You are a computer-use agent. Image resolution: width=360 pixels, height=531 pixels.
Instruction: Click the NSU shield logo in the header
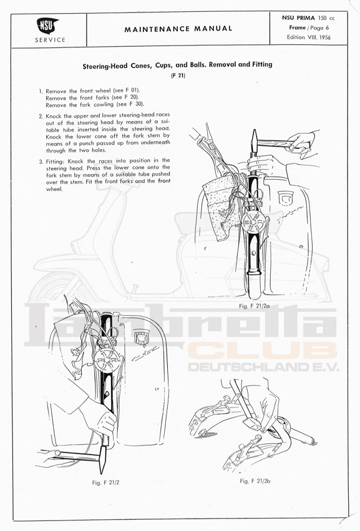coord(47,26)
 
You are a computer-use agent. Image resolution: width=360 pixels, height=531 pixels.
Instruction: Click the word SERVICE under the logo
coord(50,40)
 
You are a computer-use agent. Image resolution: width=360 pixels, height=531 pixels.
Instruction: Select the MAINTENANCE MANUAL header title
coord(178,29)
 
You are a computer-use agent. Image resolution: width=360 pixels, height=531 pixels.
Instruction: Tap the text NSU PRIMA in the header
coord(298,18)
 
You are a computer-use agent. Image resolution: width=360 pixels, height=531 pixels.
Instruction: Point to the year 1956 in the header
coord(324,37)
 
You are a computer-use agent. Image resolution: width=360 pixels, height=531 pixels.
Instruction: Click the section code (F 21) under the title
coord(178,76)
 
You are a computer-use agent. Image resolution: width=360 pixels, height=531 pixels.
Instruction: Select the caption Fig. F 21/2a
coord(255,306)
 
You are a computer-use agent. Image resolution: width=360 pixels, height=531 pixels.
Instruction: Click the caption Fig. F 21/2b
coord(255,481)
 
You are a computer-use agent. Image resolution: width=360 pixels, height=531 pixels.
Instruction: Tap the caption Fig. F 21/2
coord(105,482)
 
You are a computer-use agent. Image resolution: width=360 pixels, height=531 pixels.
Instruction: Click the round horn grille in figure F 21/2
coord(105,358)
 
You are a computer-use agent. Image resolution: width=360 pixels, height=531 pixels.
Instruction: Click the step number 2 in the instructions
coord(41,116)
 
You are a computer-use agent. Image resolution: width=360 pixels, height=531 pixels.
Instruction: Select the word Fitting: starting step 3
coord(56,161)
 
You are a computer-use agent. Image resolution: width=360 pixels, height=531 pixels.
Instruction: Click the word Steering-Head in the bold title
coord(105,66)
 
